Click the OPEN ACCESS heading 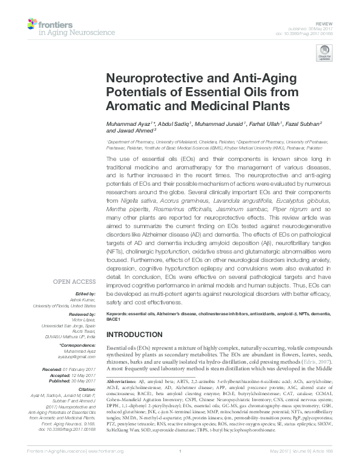74,282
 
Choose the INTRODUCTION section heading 136,335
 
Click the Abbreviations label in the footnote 122,384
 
